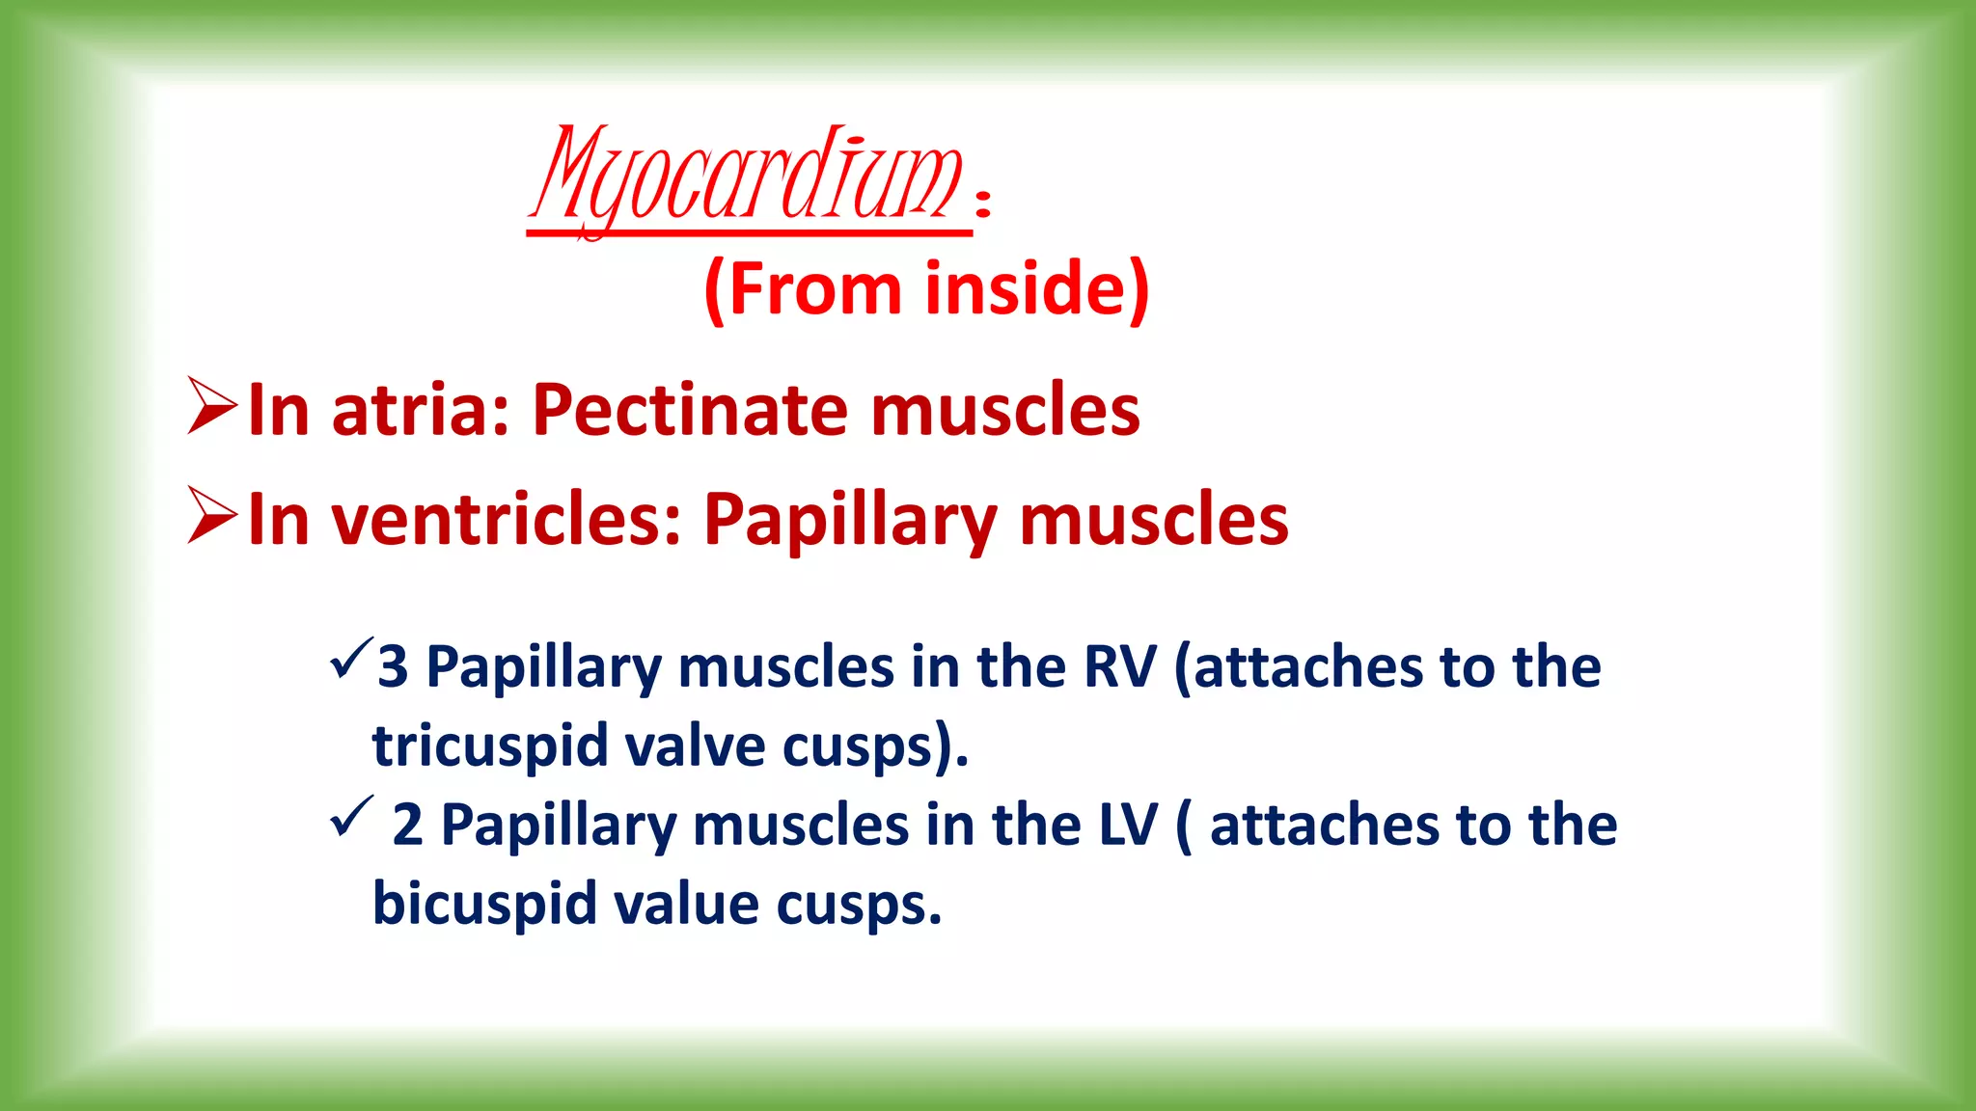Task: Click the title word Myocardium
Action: [748, 178]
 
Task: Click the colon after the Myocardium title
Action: [982, 203]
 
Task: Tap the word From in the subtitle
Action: [813, 288]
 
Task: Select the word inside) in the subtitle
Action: [1037, 288]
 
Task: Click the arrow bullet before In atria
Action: [211, 407]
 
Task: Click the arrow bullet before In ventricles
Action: [211, 516]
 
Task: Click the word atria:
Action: [420, 410]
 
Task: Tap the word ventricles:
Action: [507, 520]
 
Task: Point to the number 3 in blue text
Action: [393, 666]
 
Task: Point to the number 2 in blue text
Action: [407, 825]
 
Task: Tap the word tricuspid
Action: [489, 745]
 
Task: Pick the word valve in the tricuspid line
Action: [694, 745]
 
